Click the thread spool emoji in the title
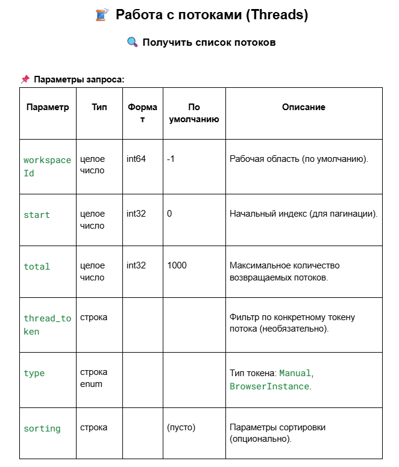click(x=101, y=15)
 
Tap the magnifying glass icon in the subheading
click(x=133, y=42)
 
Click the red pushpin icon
click(x=25, y=79)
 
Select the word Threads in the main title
click(x=277, y=15)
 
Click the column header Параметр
click(x=48, y=107)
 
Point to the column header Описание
click(x=304, y=107)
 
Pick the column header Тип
click(x=99, y=107)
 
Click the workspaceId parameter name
click(x=47, y=166)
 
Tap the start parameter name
click(x=37, y=215)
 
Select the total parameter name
click(x=37, y=267)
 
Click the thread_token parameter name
click(x=47, y=324)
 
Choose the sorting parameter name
click(x=42, y=428)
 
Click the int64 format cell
click(x=136, y=159)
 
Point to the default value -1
click(x=171, y=159)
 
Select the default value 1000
click(x=177, y=265)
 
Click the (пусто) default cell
click(x=181, y=427)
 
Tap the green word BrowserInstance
click(x=269, y=386)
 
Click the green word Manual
click(x=295, y=374)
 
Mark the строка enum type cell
click(x=92, y=378)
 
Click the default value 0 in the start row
click(x=170, y=214)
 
